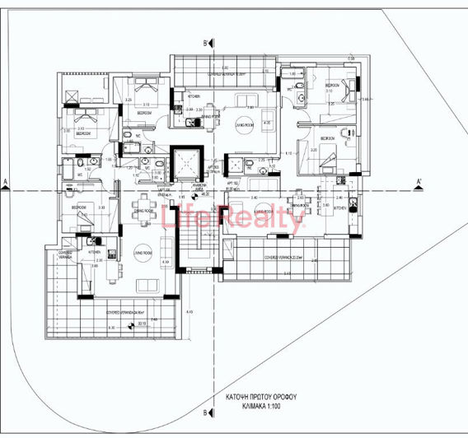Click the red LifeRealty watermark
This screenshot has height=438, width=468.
click(235, 218)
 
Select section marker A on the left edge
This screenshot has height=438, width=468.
click(5, 182)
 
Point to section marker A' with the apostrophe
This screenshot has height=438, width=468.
click(419, 181)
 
